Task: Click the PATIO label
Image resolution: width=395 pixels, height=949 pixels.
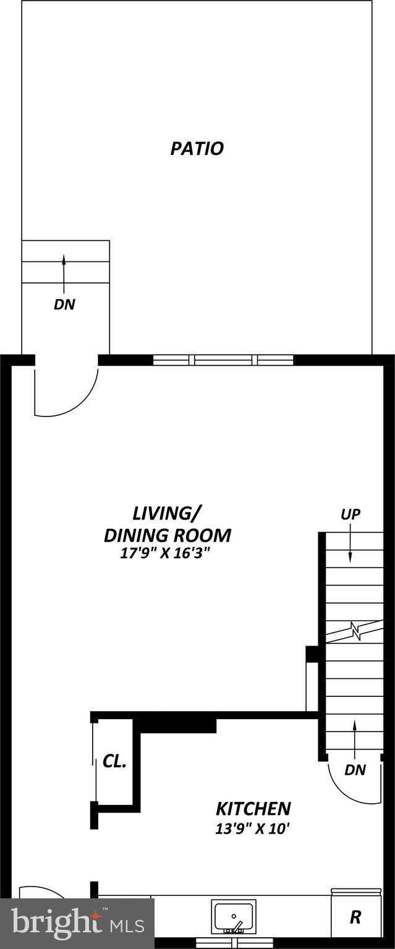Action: pos(197,149)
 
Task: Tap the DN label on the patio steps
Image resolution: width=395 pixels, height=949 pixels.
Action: pos(64,304)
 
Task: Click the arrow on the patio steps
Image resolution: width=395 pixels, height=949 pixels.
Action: pos(63,271)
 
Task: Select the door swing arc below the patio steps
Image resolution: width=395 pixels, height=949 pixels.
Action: pos(67,392)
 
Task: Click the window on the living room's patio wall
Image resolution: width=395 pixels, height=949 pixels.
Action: pos(223,360)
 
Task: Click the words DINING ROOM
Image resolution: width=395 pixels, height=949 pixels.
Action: pos(167,535)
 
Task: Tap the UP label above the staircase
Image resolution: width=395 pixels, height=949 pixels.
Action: pos(350,514)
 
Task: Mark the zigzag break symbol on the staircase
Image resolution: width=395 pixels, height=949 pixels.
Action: pos(355,631)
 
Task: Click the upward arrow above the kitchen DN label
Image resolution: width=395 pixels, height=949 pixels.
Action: pos(355,738)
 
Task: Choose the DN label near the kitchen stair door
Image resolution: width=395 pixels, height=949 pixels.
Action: pos(355,770)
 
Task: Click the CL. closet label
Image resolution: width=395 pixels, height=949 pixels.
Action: pos(114,762)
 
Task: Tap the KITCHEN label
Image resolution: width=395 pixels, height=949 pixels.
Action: pos(253,808)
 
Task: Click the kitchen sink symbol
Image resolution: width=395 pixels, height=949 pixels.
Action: pos(234,917)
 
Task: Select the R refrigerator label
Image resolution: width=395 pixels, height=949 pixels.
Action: pos(355,917)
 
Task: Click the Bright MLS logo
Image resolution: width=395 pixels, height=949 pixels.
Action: pos(77,924)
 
